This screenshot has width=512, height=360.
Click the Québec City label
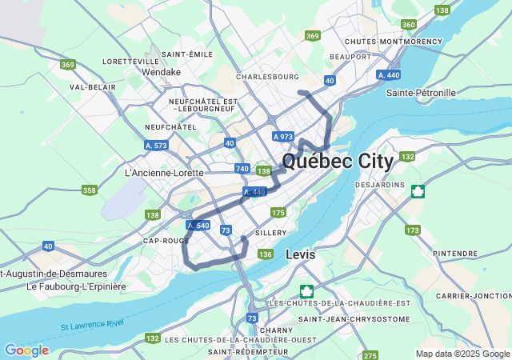pos(337,162)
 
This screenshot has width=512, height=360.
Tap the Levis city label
pos(300,254)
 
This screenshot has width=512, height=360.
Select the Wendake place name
pos(162,72)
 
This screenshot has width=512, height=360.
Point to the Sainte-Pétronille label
pos(421,93)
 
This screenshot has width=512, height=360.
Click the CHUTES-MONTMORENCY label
pos(393,41)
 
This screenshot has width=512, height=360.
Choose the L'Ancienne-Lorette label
pos(164,172)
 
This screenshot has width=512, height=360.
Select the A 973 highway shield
pos(282,137)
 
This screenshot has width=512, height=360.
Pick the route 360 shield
pos(409,25)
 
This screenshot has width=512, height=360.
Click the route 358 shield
pos(90,190)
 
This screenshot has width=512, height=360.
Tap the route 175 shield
pos(278,212)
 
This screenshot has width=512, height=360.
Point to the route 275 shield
pos(370,355)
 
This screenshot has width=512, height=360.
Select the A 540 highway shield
pos(198,226)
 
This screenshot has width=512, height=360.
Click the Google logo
pos(26,350)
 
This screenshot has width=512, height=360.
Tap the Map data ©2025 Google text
pos(462,354)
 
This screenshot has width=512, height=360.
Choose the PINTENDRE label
pos(454,254)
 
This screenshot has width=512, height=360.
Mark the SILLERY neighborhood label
pos(270,233)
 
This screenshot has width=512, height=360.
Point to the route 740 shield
pos(242,169)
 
